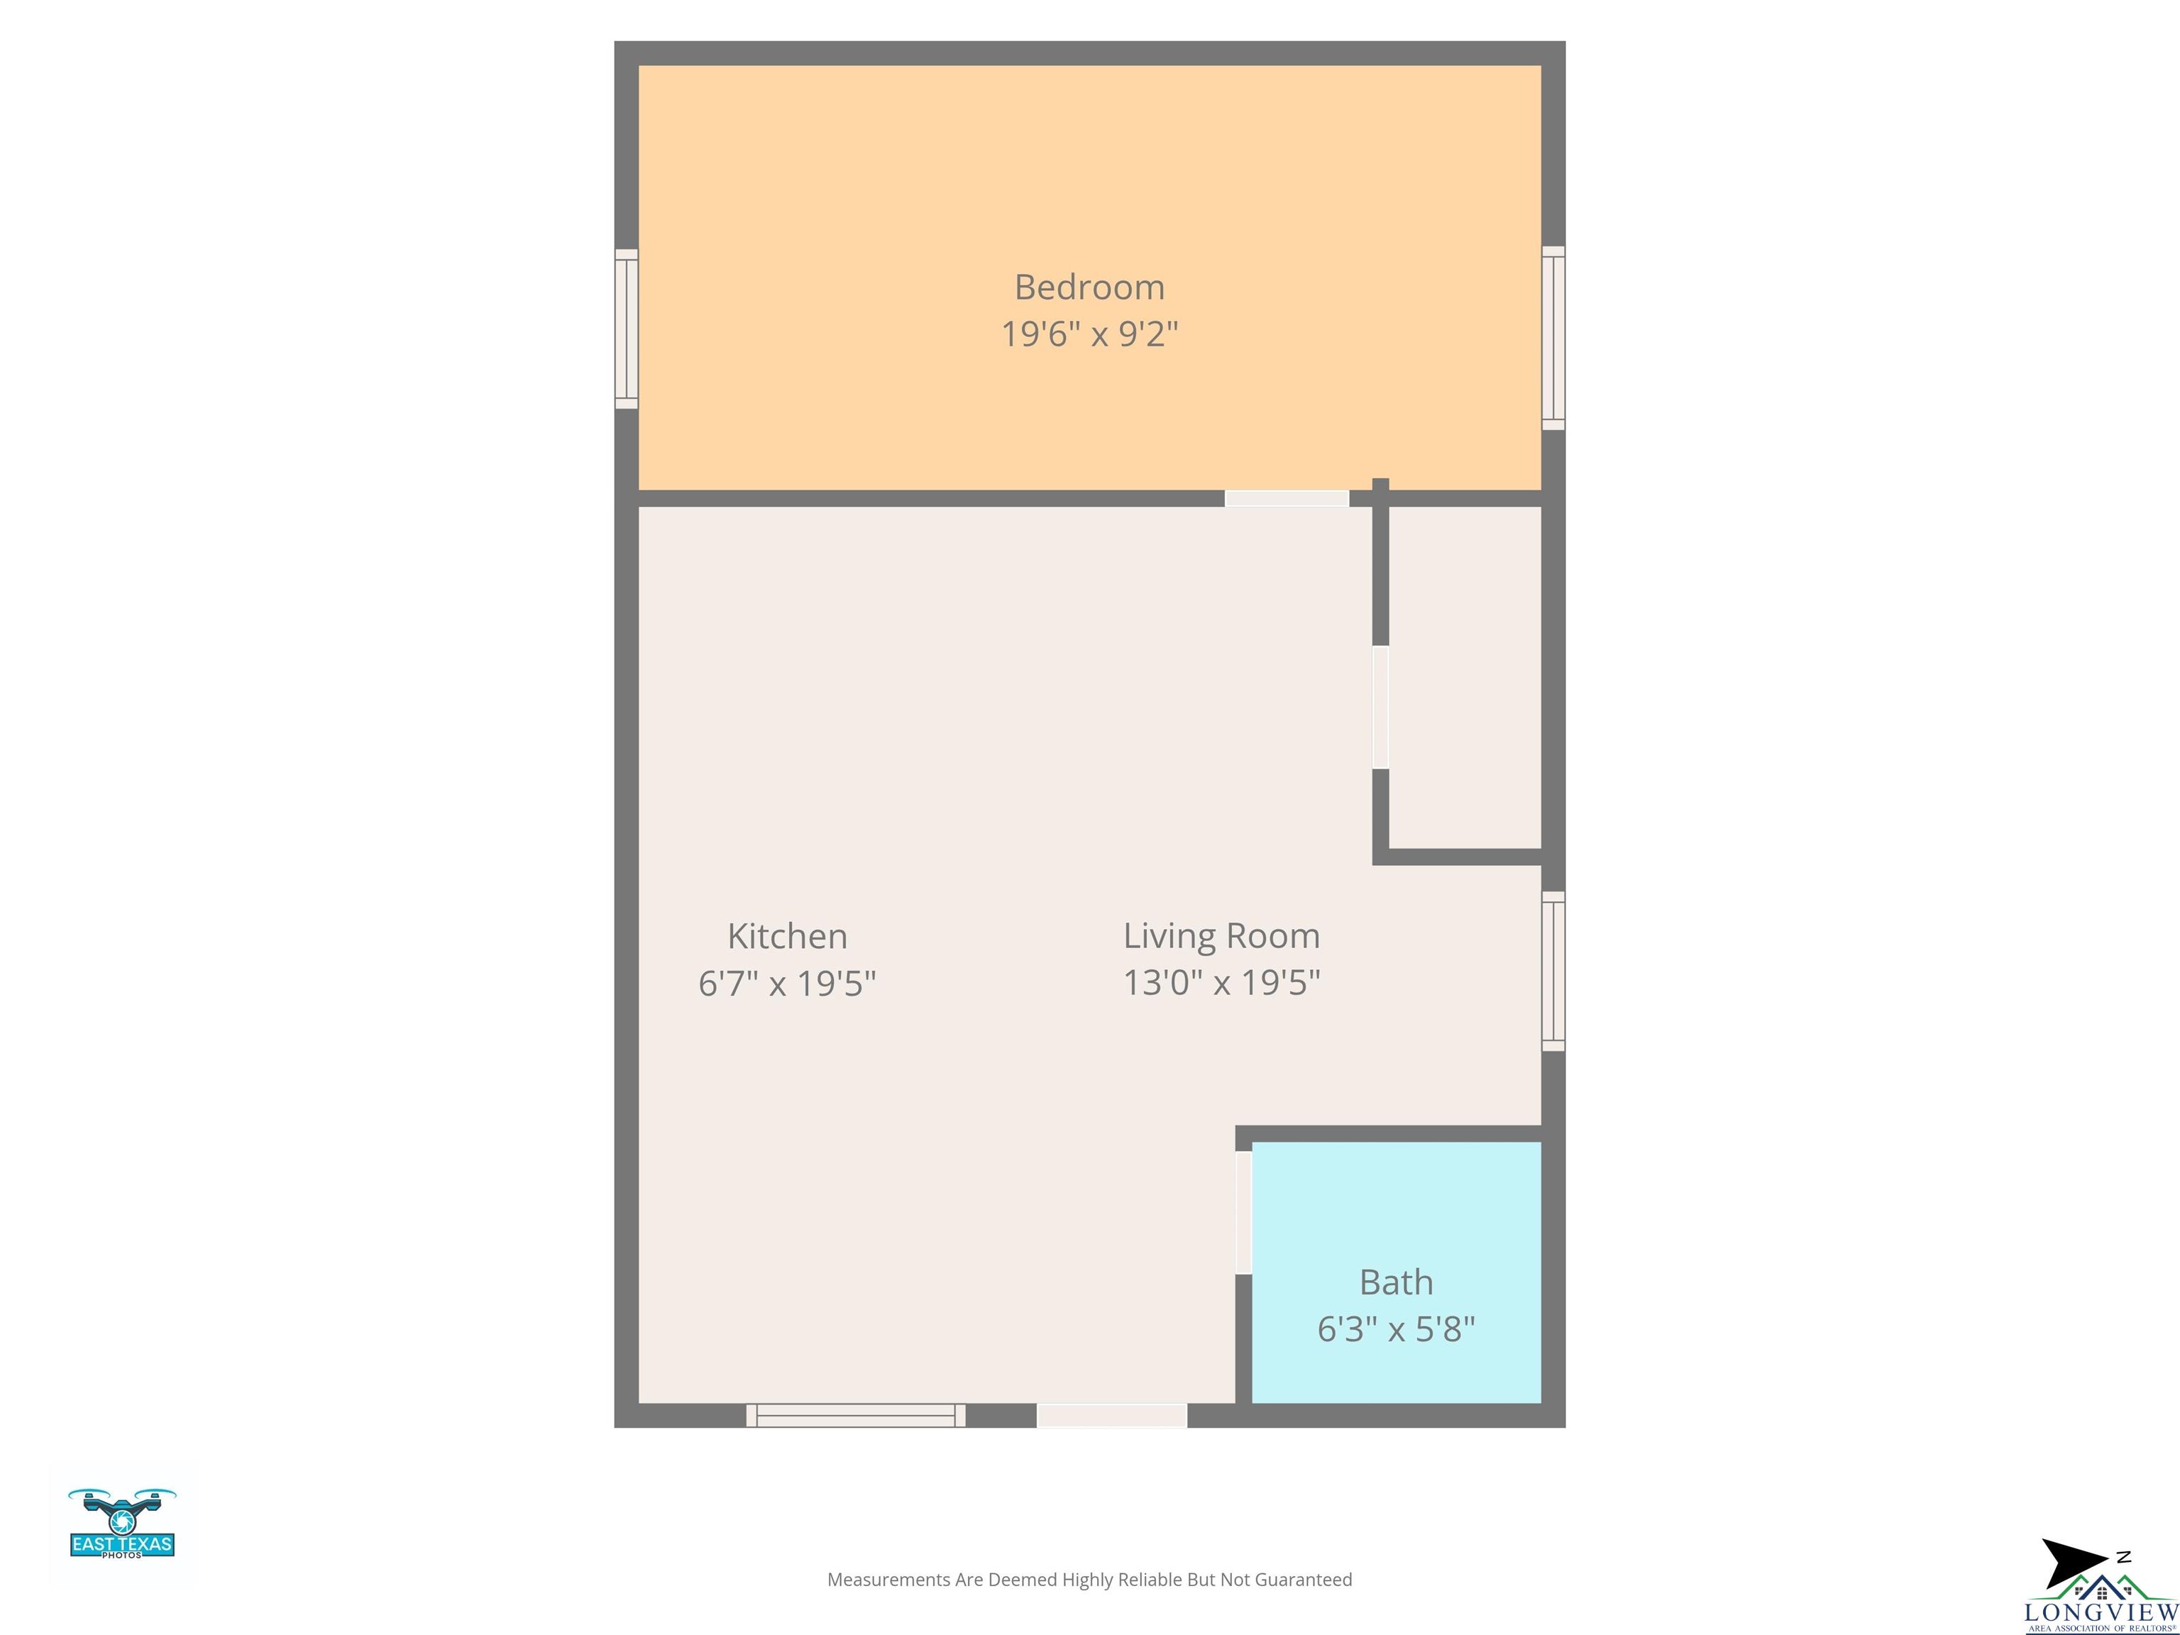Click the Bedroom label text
1089,288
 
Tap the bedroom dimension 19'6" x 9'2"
1089,334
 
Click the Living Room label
1221,936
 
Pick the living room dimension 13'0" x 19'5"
1221,983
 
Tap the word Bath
1396,1282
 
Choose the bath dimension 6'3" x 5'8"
1396,1329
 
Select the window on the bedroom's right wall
1553,337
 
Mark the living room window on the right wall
1553,971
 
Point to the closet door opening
1381,707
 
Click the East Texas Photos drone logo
122,1523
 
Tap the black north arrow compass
2076,1563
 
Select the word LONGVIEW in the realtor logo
2101,1612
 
